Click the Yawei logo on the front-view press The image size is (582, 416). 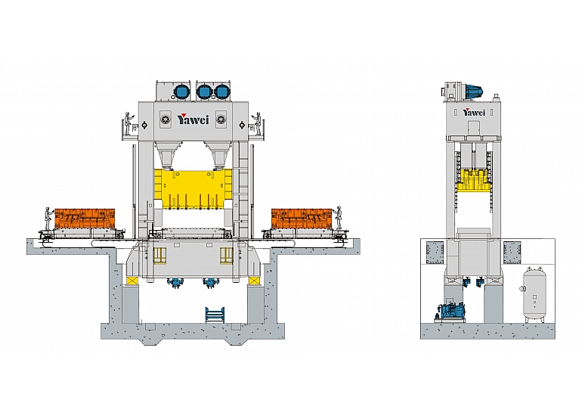click(193, 119)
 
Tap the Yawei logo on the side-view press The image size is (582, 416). click(474, 112)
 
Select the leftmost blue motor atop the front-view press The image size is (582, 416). click(181, 92)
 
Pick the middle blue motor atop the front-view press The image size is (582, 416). click(203, 92)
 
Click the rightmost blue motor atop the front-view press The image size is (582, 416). click(222, 92)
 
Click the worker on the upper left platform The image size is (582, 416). click(128, 123)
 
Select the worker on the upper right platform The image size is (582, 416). click(257, 123)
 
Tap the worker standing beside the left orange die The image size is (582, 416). click(48, 219)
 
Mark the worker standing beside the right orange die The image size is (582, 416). click(338, 218)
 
